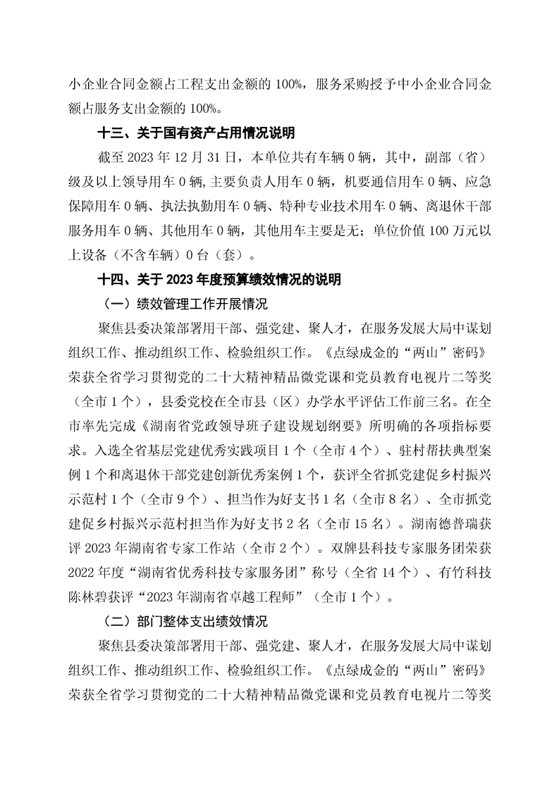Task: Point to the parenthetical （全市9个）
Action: (174, 500)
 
